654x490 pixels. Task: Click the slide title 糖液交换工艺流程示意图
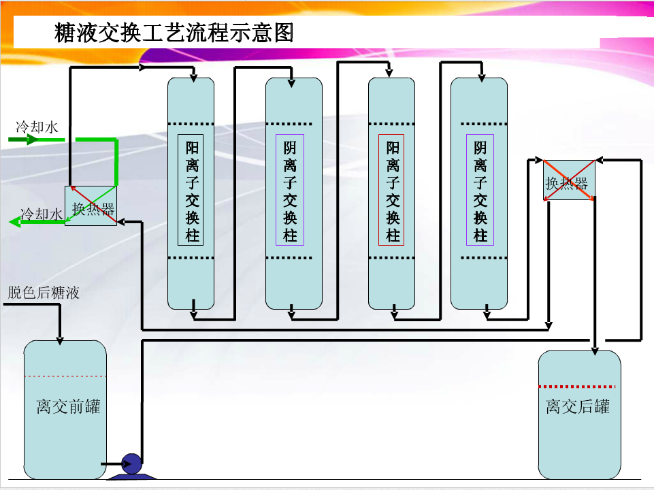tap(174, 33)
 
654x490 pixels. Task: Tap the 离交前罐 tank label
tap(68, 406)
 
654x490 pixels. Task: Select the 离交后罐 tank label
tap(578, 406)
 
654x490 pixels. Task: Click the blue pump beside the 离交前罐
tap(131, 464)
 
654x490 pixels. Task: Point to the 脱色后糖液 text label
tap(44, 293)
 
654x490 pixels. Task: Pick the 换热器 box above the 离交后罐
tap(568, 180)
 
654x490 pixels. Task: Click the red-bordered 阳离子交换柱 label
tap(392, 191)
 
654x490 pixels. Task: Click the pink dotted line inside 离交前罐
tap(65, 376)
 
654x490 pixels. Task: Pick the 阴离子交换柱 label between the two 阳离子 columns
tap(291, 191)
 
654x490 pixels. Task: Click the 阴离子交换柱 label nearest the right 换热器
tap(480, 191)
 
